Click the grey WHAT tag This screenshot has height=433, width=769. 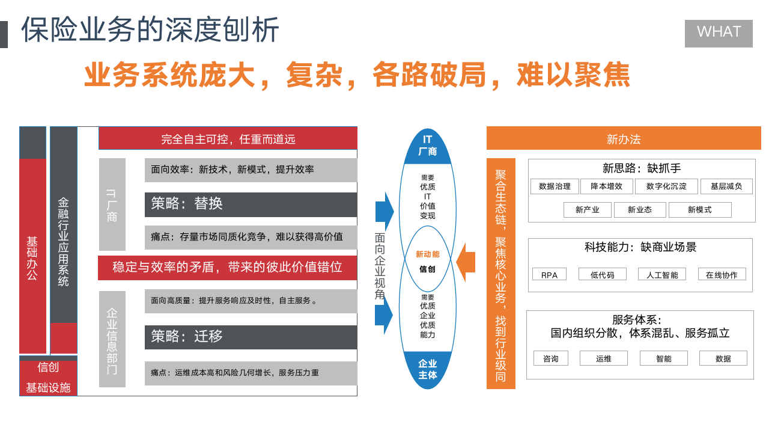[x=719, y=33]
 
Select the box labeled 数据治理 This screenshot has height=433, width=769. [x=555, y=186]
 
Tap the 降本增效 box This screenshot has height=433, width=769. [x=606, y=186]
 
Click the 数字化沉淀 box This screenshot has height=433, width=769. [x=666, y=186]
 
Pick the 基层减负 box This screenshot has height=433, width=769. [x=726, y=186]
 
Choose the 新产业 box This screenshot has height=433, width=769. [x=588, y=210]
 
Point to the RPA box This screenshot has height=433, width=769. [x=549, y=275]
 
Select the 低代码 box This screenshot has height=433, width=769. [x=602, y=275]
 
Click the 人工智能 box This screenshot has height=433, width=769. [x=662, y=275]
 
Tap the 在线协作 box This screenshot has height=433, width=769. [x=722, y=275]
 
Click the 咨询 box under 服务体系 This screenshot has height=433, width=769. [x=550, y=358]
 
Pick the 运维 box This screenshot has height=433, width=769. [x=603, y=358]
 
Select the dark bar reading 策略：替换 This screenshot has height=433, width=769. [x=251, y=204]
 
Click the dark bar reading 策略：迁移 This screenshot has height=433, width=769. [x=251, y=337]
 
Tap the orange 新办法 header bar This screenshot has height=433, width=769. [x=624, y=139]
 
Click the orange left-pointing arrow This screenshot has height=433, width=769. [x=464, y=262]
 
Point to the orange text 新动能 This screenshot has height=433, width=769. [x=428, y=254]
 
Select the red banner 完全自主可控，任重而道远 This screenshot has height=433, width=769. [x=228, y=139]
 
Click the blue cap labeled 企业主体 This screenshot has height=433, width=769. [x=428, y=369]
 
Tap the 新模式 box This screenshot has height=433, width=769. [x=700, y=210]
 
